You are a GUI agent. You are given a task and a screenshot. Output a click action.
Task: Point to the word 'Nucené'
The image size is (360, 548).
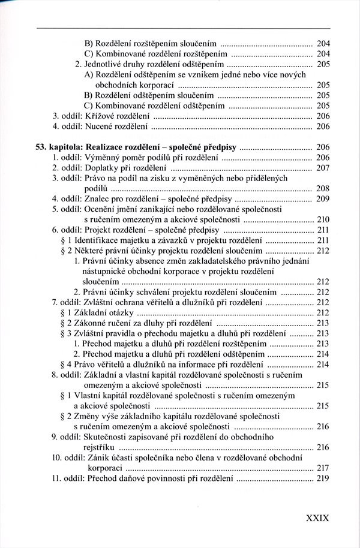coord(104,127)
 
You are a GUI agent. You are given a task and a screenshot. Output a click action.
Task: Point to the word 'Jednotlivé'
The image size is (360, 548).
coord(104,64)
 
